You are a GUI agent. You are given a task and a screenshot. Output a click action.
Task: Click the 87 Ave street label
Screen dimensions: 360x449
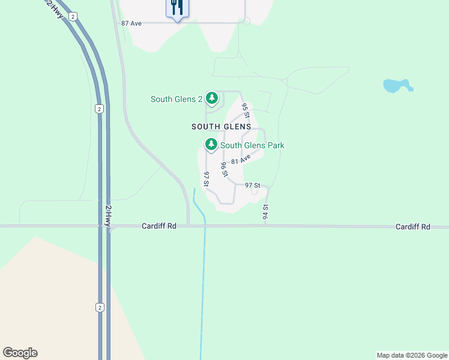131,23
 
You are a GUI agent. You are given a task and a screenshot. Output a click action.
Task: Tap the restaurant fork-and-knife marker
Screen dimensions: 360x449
177,8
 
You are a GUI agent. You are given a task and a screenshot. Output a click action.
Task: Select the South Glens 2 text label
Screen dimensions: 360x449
176,99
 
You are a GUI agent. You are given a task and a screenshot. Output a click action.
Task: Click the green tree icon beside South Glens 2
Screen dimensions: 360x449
211,98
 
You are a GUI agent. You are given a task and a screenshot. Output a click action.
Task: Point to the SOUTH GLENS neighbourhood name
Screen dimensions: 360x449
221,127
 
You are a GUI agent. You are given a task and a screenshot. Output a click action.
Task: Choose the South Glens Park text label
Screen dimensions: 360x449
252,145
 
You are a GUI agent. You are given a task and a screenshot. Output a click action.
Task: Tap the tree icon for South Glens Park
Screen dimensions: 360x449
211,144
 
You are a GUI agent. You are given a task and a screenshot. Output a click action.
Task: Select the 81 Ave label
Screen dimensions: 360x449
240,160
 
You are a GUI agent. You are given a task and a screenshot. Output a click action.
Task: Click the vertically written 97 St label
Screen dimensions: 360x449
206,179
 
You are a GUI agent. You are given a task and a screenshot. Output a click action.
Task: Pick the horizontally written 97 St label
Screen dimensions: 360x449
253,185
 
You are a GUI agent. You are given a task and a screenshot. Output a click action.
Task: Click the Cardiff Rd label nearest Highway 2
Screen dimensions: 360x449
159,226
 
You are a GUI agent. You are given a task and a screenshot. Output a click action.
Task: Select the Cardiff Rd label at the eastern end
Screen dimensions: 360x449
413,227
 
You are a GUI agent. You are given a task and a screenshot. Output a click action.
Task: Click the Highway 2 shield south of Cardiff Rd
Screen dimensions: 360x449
100,307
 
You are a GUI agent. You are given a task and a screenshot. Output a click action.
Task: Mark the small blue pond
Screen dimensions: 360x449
397,86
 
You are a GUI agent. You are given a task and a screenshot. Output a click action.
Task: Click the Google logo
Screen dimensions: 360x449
20,353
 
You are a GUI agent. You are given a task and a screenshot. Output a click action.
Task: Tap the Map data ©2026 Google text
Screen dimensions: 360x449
412,355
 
